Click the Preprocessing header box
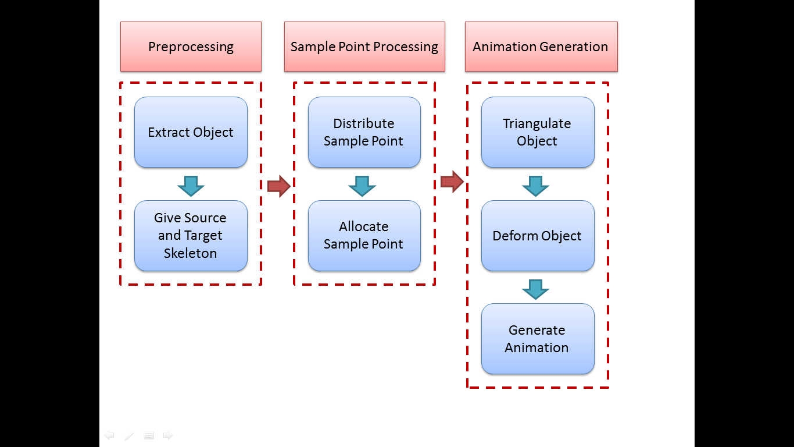point(191,47)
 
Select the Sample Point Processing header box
point(364,47)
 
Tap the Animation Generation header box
point(541,47)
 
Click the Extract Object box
point(191,132)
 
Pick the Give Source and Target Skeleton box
point(191,236)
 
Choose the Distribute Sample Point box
point(364,132)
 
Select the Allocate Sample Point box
point(364,236)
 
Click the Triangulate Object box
point(538,132)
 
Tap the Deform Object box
point(538,236)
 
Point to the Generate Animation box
point(538,339)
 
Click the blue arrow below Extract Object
point(191,186)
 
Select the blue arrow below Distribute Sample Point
point(362,186)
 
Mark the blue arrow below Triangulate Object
point(535,186)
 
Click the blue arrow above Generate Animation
point(535,289)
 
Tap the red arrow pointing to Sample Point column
point(279,186)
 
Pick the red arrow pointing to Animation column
point(452,182)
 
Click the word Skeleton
point(190,253)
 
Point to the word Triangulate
point(537,124)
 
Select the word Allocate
point(364,226)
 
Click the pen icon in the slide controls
point(129,435)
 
